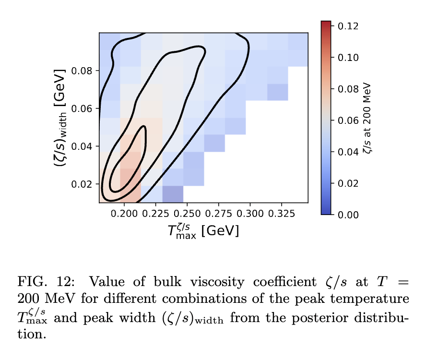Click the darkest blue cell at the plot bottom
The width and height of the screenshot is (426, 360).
coord(173,194)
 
